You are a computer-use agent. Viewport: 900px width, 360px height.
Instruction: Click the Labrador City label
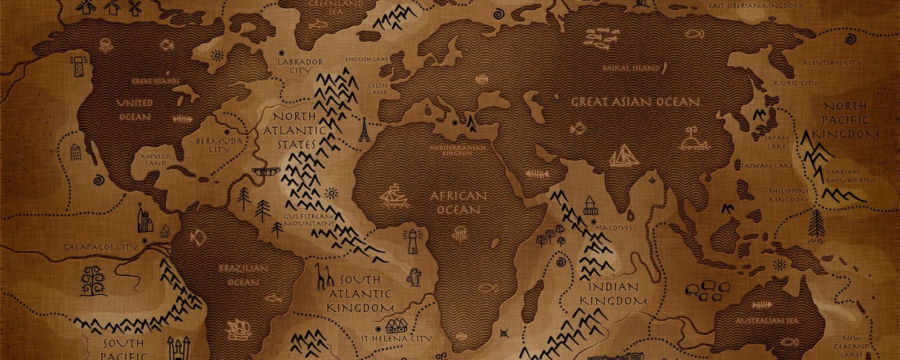point(300,66)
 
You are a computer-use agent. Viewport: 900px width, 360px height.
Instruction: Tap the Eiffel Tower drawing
point(364,129)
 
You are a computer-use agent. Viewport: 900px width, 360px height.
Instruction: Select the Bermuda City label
point(219,145)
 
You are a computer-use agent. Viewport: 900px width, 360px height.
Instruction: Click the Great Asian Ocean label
point(635,102)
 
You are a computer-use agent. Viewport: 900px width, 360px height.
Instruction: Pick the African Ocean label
point(458,202)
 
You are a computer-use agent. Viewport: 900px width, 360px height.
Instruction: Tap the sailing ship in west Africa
point(394,195)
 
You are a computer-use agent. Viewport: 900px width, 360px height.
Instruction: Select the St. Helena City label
point(396,339)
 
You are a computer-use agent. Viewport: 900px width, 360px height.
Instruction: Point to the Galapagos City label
point(100,247)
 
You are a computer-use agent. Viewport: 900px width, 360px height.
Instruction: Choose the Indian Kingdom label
point(613,294)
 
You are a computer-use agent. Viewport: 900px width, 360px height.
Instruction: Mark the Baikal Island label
point(630,68)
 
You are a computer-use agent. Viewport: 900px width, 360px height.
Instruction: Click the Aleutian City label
point(832,62)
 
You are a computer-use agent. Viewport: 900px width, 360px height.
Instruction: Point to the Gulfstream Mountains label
point(308,219)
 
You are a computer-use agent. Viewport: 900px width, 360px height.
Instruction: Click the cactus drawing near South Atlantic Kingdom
point(415,277)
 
